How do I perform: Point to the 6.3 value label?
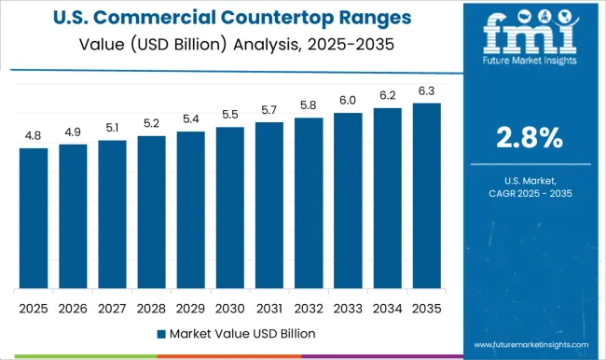tap(426, 90)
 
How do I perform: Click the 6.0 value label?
tap(348, 100)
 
